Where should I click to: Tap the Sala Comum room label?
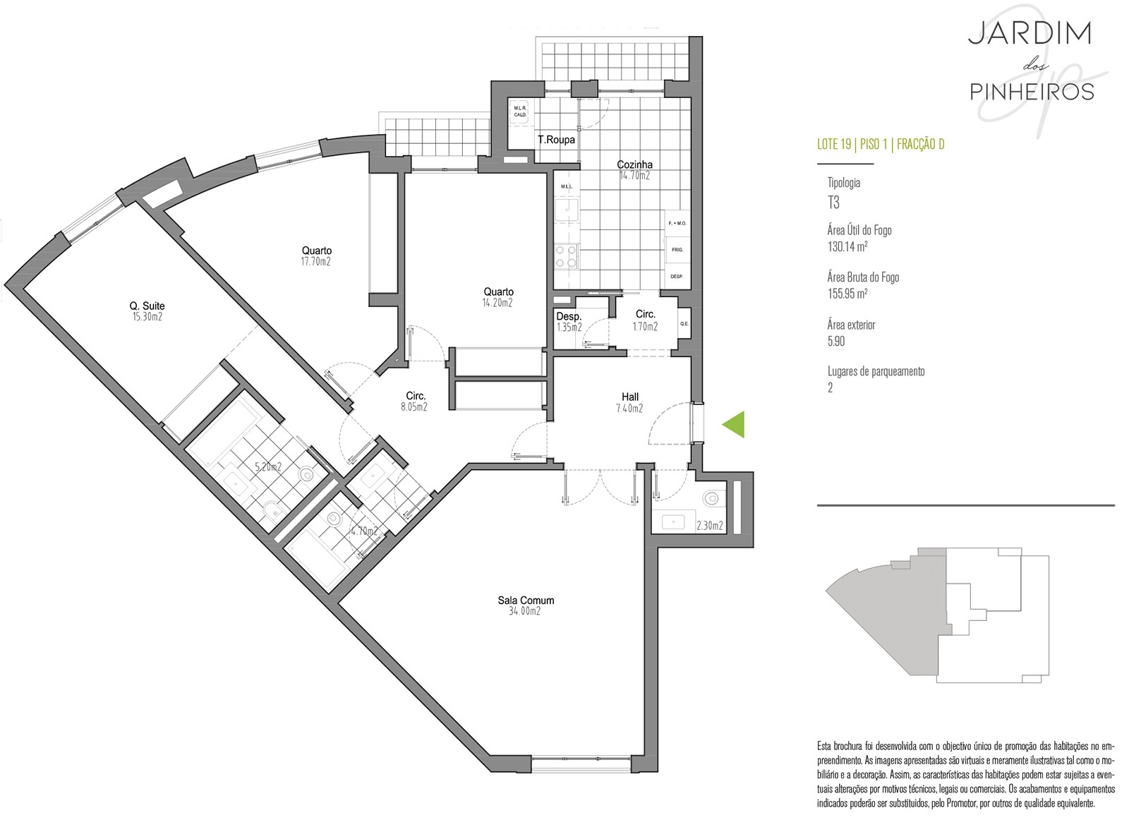526,601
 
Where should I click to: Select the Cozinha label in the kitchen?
634,164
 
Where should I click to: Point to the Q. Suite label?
147,306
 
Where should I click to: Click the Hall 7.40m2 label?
630,403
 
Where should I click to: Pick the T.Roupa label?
556,140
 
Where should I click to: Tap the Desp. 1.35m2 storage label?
569,322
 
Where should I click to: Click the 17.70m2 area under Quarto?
316,262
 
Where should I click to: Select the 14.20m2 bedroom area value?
497,303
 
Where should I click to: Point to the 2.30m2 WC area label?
710,526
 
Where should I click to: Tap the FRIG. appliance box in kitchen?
677,250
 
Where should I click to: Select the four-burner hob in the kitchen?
567,256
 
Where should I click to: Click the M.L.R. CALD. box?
520,111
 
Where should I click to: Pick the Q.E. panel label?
684,323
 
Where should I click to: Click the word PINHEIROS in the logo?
1032,92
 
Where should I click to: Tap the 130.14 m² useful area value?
847,246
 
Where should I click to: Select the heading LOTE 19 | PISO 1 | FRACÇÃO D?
881,144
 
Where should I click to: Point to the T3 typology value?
833,203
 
